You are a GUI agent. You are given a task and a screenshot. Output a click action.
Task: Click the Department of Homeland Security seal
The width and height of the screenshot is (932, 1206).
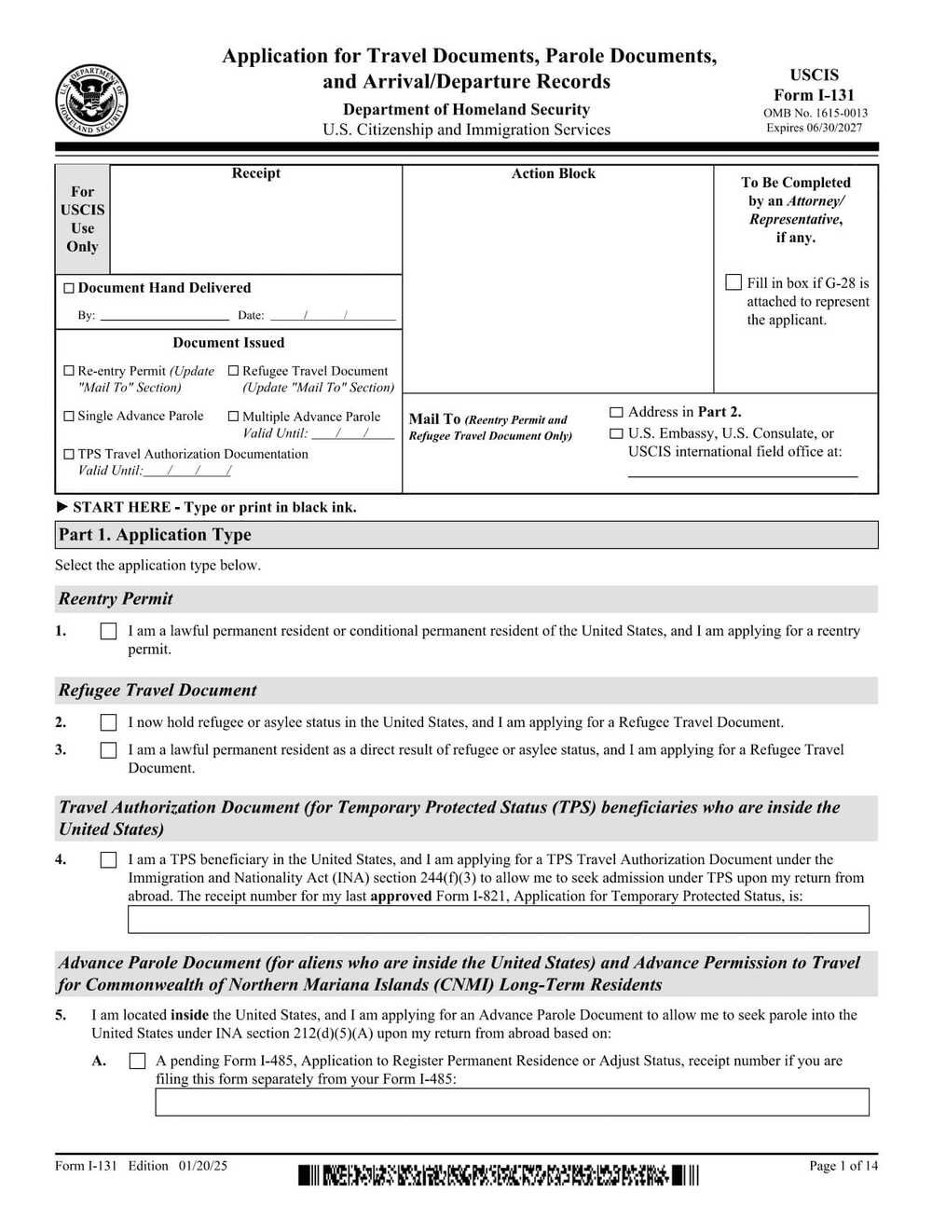click(x=90, y=102)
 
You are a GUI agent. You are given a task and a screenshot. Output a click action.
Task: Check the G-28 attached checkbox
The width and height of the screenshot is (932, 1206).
click(x=733, y=282)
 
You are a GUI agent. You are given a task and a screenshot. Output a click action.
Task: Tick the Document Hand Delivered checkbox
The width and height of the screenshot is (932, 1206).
click(x=68, y=289)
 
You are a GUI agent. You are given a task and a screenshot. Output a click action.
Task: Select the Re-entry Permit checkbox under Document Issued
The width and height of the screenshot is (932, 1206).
click(x=68, y=371)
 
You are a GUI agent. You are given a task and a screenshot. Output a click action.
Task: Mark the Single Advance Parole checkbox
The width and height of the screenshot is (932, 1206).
click(x=68, y=417)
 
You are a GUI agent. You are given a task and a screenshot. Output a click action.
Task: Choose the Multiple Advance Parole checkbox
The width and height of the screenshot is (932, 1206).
click(x=233, y=417)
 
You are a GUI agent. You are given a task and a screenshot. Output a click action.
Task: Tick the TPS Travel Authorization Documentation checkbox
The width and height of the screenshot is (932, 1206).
click(x=68, y=455)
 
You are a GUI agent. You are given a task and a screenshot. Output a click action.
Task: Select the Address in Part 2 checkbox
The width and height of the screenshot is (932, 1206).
click(x=616, y=412)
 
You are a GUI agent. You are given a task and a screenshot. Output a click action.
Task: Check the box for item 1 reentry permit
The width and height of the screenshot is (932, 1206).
click(x=108, y=632)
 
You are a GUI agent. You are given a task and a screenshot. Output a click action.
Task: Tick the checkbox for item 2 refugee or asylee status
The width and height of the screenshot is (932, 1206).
click(x=108, y=723)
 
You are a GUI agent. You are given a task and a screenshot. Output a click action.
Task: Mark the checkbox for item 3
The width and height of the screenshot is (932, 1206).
click(x=108, y=750)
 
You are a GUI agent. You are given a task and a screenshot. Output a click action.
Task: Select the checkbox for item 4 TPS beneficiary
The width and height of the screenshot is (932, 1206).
click(x=108, y=860)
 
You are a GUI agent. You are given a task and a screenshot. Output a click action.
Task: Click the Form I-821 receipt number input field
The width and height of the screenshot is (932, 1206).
click(x=498, y=919)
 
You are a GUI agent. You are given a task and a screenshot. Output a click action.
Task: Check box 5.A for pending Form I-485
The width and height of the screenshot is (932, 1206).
click(x=137, y=1062)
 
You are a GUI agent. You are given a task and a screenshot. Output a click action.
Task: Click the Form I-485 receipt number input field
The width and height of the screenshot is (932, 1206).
click(x=512, y=1102)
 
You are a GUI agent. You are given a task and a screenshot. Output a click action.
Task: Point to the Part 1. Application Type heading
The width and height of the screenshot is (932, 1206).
click(x=155, y=535)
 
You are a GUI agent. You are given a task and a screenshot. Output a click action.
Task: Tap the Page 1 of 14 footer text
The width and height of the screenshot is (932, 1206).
click(x=843, y=1166)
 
